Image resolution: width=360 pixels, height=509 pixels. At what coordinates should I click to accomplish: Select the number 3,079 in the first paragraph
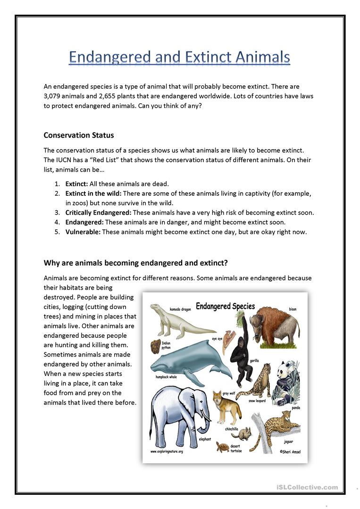coord(53,96)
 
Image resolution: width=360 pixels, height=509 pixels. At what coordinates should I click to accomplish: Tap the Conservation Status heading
coord(79,135)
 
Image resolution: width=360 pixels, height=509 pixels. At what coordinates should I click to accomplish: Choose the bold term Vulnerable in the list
coord(83,232)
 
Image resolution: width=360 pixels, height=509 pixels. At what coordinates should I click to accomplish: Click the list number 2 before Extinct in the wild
coord(57,193)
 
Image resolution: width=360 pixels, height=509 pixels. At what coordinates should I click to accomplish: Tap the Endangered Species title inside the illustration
coord(225,306)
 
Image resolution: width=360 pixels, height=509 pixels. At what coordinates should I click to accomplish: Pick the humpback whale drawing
coord(189,361)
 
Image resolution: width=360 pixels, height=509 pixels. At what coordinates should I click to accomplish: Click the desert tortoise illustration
coord(223,446)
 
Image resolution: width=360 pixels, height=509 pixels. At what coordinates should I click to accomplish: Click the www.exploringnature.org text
coord(167,451)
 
